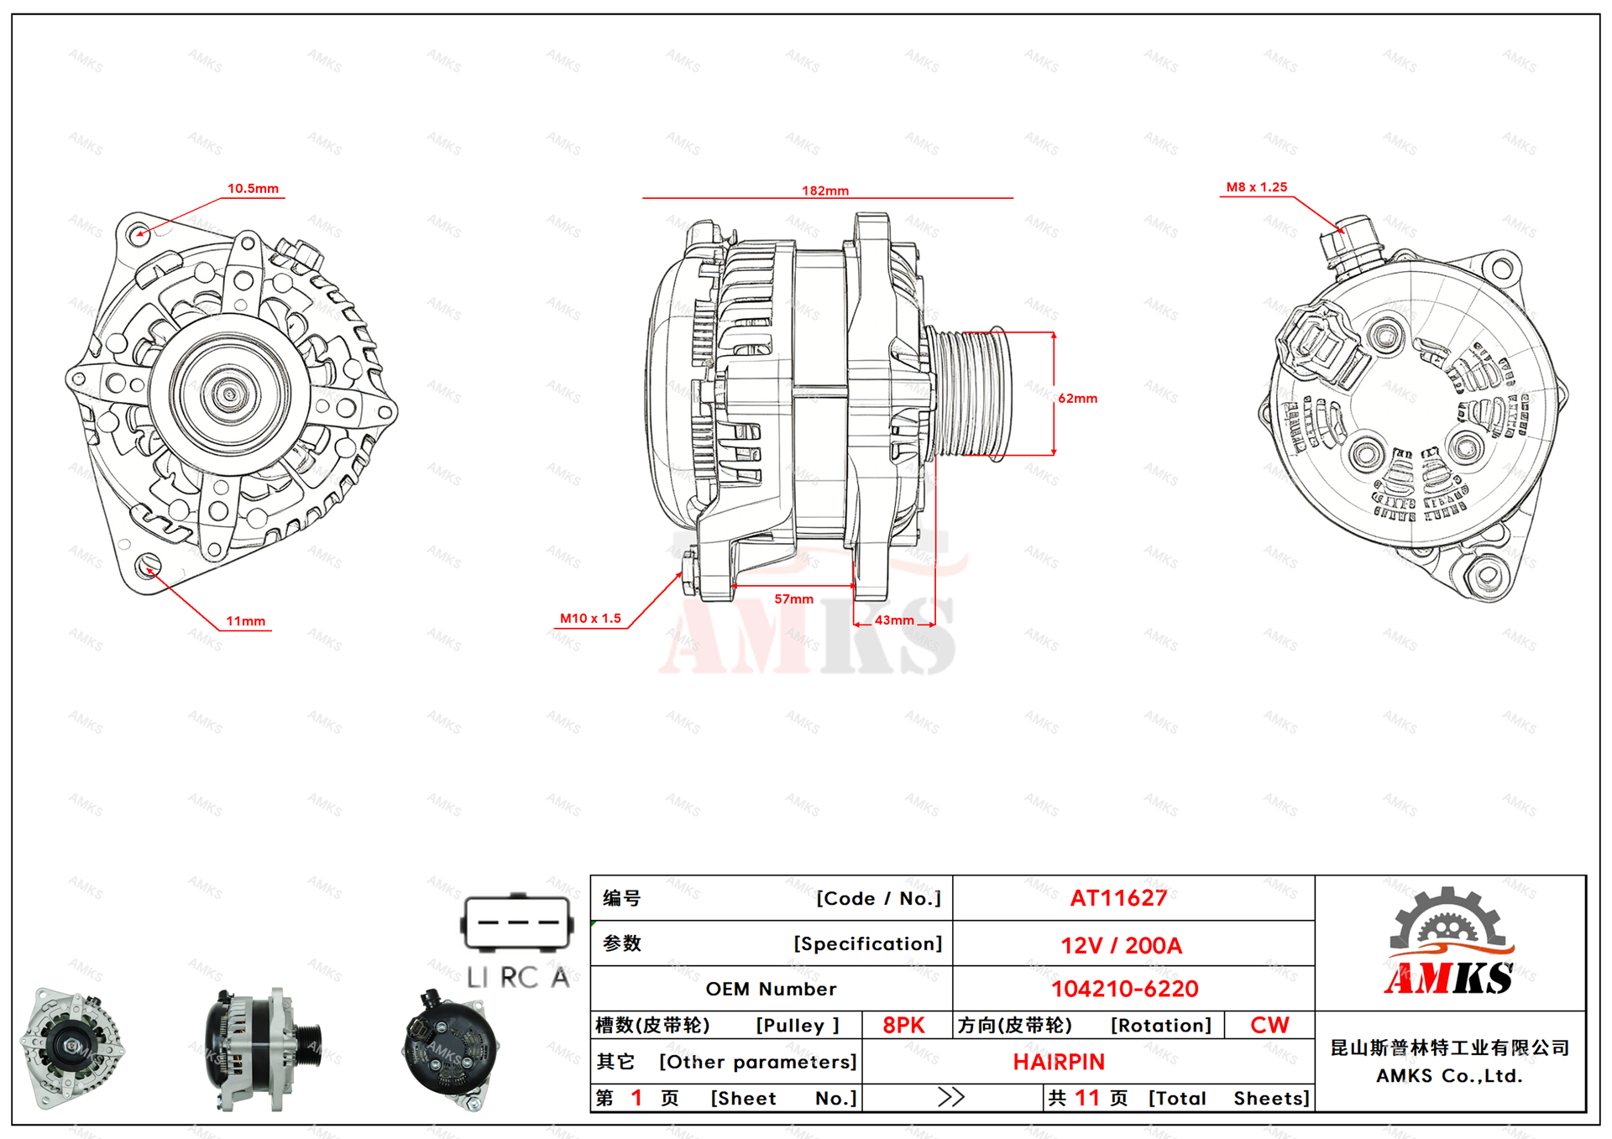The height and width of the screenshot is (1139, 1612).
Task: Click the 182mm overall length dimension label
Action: point(824,191)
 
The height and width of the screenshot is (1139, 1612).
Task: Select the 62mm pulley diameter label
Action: point(1077,398)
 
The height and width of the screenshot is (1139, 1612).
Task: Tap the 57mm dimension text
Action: point(793,598)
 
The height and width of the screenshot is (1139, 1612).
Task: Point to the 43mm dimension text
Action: point(894,620)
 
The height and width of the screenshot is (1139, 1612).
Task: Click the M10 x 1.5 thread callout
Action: point(590,618)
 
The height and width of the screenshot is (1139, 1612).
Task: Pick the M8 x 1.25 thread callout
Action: point(1256,187)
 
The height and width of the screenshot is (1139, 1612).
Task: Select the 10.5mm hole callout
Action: point(253,188)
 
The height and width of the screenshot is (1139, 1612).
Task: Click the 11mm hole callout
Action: point(245,621)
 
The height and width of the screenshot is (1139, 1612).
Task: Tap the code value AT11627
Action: point(1118,898)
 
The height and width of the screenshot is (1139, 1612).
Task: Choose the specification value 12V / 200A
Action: point(1121,945)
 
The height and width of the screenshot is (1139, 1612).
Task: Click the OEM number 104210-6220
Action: point(1124,989)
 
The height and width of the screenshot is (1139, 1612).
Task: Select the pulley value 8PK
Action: point(903,1025)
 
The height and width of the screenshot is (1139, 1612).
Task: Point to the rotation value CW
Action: point(1269,1025)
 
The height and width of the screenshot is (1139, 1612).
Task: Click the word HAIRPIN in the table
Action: point(1059,1062)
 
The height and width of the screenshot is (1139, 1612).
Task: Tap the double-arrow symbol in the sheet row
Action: point(951,1097)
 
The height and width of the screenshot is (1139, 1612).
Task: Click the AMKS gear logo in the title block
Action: point(1449,942)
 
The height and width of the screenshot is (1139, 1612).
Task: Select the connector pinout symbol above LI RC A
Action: point(517,923)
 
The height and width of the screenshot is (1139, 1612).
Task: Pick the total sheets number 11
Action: point(1086,1097)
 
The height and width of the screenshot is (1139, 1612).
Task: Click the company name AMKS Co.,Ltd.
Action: point(1449,1076)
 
